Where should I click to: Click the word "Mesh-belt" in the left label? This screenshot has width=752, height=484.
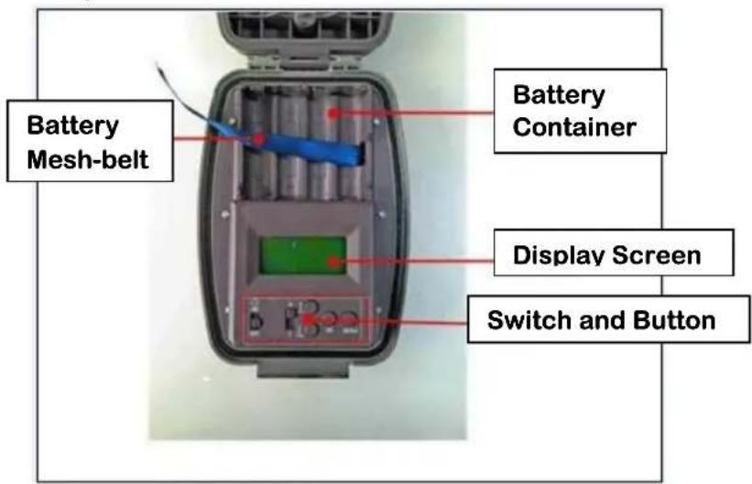pyautogui.click(x=88, y=159)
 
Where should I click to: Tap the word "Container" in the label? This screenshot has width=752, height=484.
pyautogui.click(x=574, y=127)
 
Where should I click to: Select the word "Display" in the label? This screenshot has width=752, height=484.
pyautogui.click(x=560, y=255)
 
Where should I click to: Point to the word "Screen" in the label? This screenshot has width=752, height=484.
pyautogui.click(x=657, y=255)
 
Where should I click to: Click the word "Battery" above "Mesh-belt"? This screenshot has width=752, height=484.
pyautogui.click(x=73, y=125)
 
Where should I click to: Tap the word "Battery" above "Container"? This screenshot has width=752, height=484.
pyautogui.click(x=559, y=94)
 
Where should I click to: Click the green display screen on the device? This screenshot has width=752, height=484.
pyautogui.click(x=302, y=254)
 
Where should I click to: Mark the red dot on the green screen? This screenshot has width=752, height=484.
pyautogui.click(x=334, y=262)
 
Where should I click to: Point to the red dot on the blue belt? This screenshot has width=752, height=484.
pyautogui.click(x=259, y=139)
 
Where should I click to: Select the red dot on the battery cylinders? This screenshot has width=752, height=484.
pyautogui.click(x=333, y=113)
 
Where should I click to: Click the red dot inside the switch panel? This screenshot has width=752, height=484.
pyautogui.click(x=306, y=318)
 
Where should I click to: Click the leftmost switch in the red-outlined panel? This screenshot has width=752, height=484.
pyautogui.click(x=256, y=320)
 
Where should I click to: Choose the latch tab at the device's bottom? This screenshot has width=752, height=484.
pyautogui.click(x=302, y=368)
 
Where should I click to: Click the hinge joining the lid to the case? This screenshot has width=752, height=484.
pyautogui.click(x=304, y=62)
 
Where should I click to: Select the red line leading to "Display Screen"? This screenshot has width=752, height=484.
pyautogui.click(x=415, y=262)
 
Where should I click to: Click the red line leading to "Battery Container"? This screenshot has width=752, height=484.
pyautogui.click(x=414, y=113)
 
